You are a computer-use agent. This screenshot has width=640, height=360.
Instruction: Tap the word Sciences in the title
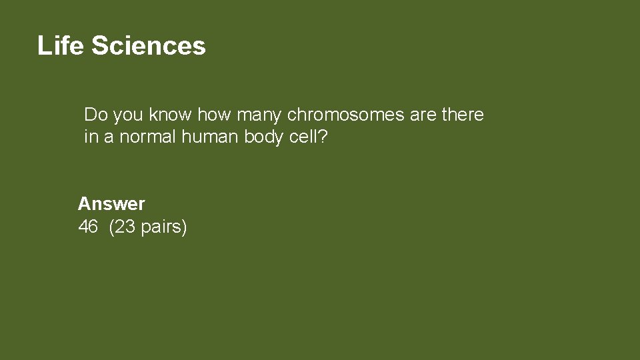pyautogui.click(x=148, y=46)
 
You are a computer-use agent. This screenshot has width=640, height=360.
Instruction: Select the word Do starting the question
pyautogui.click(x=96, y=115)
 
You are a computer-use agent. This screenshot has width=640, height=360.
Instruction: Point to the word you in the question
pyautogui.click(x=128, y=115)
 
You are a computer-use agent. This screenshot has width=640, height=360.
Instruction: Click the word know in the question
pyautogui.click(x=170, y=115)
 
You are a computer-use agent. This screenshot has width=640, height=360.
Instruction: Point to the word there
pyautogui.click(x=463, y=115)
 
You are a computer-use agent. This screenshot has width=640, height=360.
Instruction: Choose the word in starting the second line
pyautogui.click(x=91, y=137)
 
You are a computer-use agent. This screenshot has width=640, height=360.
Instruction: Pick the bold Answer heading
pyautogui.click(x=111, y=203)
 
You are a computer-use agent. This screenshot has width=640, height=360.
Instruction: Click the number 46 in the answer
pyautogui.click(x=88, y=227)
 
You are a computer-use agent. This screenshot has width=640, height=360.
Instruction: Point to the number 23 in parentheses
pyautogui.click(x=125, y=227)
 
